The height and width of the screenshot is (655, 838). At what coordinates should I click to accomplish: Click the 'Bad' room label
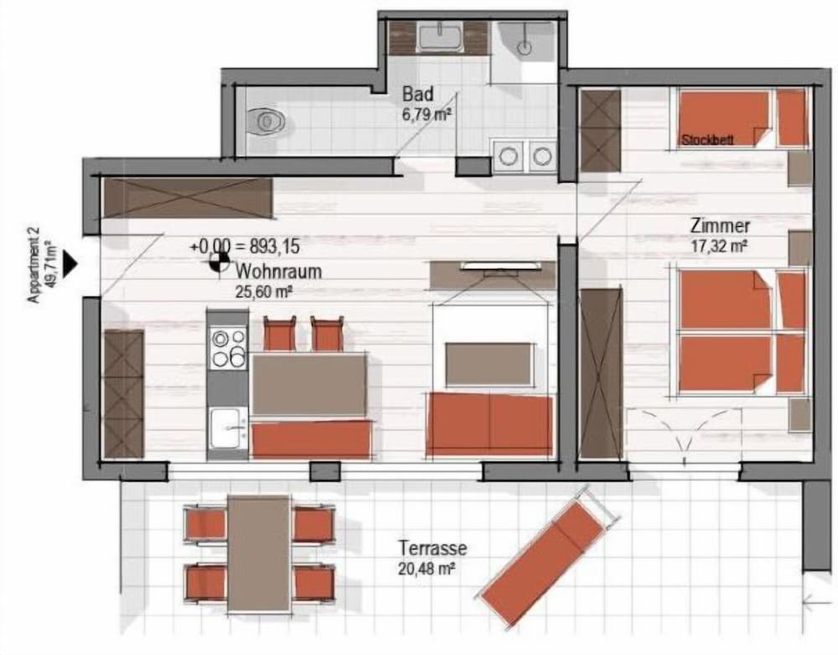[418, 95]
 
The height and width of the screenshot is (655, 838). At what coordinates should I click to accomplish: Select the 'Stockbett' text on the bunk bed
[707, 140]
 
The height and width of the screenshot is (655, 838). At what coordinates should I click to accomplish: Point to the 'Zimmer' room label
[720, 226]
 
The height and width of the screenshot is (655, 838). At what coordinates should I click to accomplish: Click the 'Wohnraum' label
[278, 271]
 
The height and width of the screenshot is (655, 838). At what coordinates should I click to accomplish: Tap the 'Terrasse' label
[433, 548]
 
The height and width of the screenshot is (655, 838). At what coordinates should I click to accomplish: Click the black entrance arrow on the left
[70, 263]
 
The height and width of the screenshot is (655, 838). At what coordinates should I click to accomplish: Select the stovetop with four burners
[228, 349]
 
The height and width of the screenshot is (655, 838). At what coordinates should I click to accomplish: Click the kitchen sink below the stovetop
[229, 428]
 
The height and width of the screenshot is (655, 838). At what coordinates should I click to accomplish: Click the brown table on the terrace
[259, 553]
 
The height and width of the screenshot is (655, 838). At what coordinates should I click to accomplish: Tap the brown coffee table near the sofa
[489, 364]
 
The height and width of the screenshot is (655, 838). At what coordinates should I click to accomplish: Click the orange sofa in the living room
[489, 423]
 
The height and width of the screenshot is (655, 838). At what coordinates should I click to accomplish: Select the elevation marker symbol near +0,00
[218, 262]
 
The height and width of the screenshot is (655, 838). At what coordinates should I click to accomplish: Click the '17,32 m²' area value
[719, 247]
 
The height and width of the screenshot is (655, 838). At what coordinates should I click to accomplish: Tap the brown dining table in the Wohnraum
[309, 384]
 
